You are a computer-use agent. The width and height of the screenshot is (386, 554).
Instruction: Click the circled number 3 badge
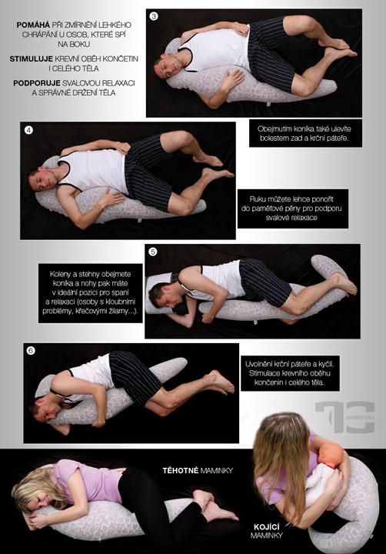pyautogui.click(x=154, y=16)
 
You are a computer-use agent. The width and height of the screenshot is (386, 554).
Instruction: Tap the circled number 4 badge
pyautogui.click(x=28, y=130)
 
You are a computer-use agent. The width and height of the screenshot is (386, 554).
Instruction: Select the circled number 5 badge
pyautogui.click(x=152, y=252)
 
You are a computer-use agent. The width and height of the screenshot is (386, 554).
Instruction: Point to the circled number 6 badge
pyautogui.click(x=31, y=351)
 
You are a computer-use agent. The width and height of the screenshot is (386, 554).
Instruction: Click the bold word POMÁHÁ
pyautogui.click(x=33, y=25)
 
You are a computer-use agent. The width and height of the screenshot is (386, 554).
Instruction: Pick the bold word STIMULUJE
pyautogui.click(x=32, y=59)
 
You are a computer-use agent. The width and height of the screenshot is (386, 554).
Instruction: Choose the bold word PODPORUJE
pyautogui.click(x=37, y=83)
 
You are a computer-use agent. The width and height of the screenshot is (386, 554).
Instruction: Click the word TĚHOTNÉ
pyautogui.click(x=180, y=470)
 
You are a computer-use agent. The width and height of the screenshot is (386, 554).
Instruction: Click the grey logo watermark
pyautogui.click(x=345, y=417)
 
